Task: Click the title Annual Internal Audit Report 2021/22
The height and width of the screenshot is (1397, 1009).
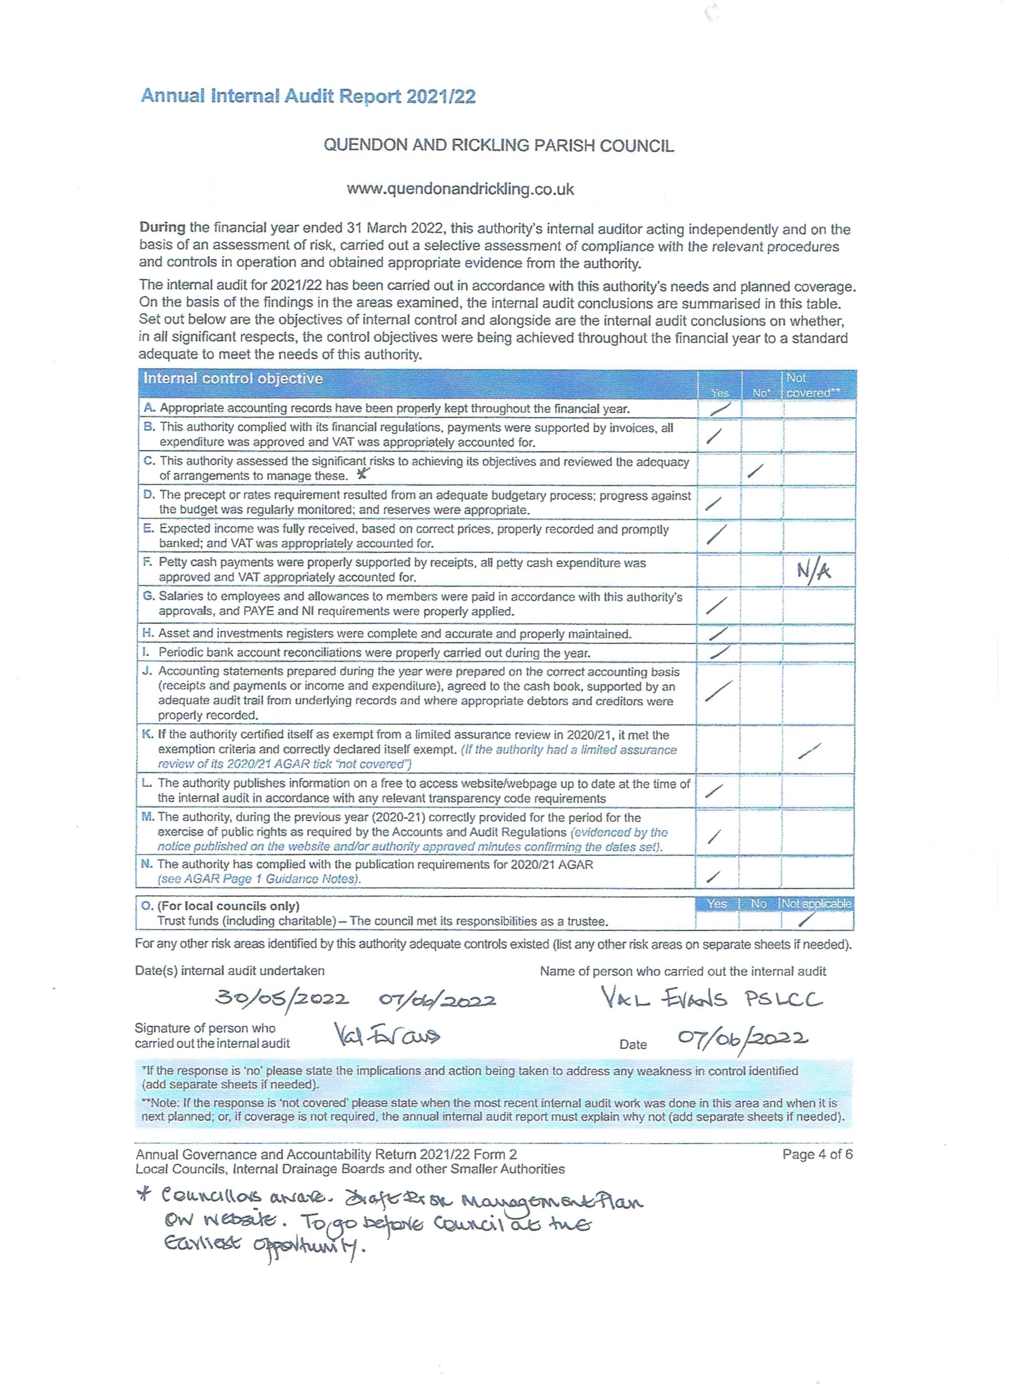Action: click(x=308, y=96)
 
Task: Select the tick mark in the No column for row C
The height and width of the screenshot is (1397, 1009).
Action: click(x=755, y=471)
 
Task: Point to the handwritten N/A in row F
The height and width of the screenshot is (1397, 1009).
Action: click(x=813, y=571)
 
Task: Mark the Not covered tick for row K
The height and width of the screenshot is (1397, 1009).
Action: click(x=809, y=750)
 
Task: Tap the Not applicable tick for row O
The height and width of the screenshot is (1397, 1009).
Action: click(x=806, y=920)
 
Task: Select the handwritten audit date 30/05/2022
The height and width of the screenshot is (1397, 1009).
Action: click(x=282, y=997)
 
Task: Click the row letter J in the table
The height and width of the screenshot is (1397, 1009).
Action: click(x=146, y=671)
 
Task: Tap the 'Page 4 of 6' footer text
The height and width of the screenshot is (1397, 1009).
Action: click(x=817, y=1154)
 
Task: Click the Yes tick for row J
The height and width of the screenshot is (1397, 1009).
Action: click(x=718, y=691)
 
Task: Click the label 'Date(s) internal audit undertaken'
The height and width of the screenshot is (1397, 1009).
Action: click(x=229, y=970)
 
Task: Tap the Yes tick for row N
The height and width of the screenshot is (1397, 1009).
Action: click(x=713, y=875)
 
